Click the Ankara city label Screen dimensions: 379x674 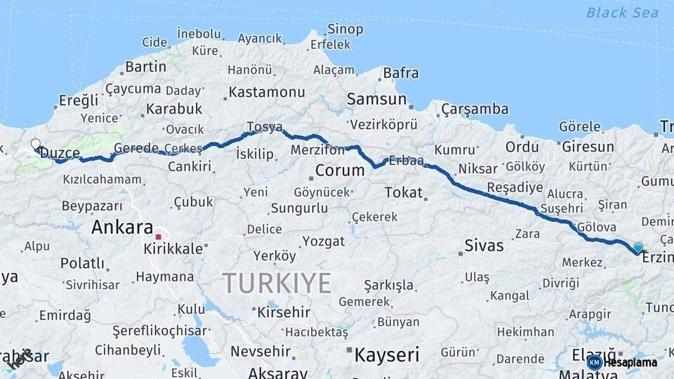tap(121, 227)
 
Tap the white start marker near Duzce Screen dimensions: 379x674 tap(36, 145)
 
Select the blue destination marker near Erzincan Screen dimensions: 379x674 tap(637, 248)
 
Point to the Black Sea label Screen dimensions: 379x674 tap(622, 13)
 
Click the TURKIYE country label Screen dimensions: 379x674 tap(277, 284)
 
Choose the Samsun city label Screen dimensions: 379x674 tap(376, 100)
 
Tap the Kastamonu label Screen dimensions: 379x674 tap(267, 92)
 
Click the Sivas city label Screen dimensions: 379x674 tap(484, 246)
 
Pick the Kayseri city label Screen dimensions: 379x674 tap(386, 354)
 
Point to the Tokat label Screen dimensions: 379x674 tap(404, 192)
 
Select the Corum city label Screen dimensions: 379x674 tap(340, 171)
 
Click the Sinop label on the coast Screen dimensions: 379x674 tap(345, 29)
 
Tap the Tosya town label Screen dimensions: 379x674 tap(264, 127)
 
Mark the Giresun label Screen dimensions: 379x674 tap(587, 147)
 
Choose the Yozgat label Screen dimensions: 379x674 tap(324, 241)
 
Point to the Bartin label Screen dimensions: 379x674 tap(145, 67)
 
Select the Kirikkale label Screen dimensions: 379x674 tap(173, 249)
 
